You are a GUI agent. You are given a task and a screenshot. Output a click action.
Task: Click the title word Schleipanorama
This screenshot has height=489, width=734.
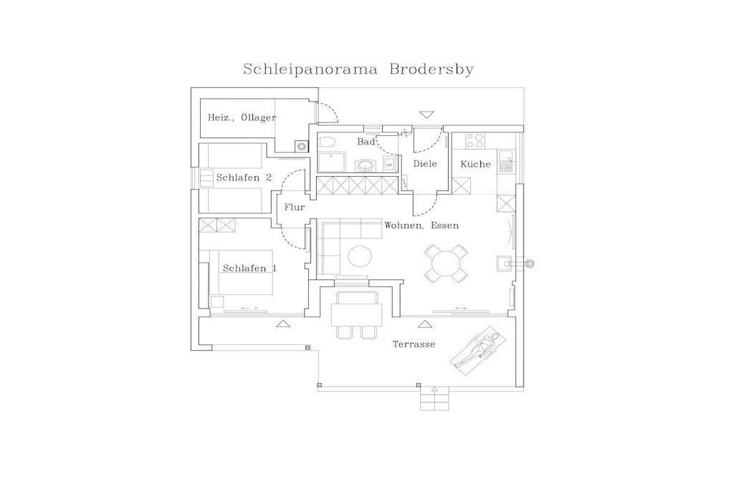click(x=310, y=69)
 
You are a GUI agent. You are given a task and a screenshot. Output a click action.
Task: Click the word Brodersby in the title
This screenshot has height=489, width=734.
click(x=431, y=69)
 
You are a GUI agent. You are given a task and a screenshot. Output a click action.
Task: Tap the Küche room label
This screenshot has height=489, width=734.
click(x=476, y=164)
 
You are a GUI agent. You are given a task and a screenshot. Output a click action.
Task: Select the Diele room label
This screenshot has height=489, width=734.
click(x=425, y=164)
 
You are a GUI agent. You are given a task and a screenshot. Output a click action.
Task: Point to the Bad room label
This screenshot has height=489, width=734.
click(x=366, y=141)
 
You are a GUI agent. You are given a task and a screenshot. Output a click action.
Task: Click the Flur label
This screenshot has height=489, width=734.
click(x=295, y=207)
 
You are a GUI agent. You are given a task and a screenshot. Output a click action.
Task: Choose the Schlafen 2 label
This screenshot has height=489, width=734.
click(x=244, y=178)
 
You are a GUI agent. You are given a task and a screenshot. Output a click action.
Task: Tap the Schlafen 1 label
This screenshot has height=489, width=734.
click(x=249, y=268)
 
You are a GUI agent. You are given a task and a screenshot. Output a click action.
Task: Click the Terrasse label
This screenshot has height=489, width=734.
click(x=414, y=344)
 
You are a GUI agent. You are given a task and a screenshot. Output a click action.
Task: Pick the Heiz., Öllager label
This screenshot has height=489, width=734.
click(x=242, y=117)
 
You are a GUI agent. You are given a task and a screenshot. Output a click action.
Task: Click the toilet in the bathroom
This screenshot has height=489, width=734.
click(x=326, y=142)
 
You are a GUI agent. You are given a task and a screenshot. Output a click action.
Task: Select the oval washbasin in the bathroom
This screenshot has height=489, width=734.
click(x=365, y=165)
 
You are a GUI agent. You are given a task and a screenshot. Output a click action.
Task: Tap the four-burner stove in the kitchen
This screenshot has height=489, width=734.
click(x=475, y=140)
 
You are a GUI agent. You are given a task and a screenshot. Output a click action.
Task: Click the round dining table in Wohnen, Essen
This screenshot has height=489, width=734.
click(x=446, y=263)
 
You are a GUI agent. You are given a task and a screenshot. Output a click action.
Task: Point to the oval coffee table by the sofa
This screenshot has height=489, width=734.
click(x=360, y=256)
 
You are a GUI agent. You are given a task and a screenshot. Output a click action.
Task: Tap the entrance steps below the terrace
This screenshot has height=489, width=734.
click(x=434, y=399)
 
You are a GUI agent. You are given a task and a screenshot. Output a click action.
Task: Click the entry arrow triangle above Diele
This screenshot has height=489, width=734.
click(x=426, y=115)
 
